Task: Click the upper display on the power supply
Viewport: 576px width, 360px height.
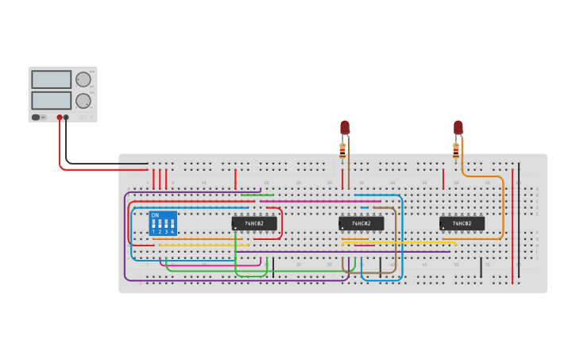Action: pos(51,79)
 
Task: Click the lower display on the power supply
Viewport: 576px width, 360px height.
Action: pos(51,100)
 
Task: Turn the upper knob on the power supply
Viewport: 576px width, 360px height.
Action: pos(83,79)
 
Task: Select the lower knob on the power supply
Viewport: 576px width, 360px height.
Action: pos(83,101)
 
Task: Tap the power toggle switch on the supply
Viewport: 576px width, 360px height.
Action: pos(36,117)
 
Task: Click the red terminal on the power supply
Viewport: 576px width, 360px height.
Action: pos(60,117)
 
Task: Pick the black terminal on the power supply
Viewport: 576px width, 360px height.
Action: pos(66,117)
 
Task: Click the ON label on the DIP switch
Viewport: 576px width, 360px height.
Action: pos(155,215)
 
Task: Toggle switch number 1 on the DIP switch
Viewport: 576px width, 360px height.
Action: pos(154,225)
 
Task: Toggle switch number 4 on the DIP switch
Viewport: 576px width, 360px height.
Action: pos(172,225)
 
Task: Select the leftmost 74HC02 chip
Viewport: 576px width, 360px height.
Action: pos(254,223)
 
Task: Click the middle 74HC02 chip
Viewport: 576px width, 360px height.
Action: pos(361,223)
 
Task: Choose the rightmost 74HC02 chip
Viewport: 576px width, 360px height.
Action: pos(462,223)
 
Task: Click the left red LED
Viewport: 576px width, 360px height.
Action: pos(345,127)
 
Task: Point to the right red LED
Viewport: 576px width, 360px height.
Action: pos(458,127)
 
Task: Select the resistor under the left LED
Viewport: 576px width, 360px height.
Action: pos(342,150)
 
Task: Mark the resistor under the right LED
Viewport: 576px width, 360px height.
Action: pos(456,149)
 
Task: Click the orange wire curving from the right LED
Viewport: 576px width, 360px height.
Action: pos(503,207)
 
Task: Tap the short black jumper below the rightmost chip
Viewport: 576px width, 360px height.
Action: pos(481,267)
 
